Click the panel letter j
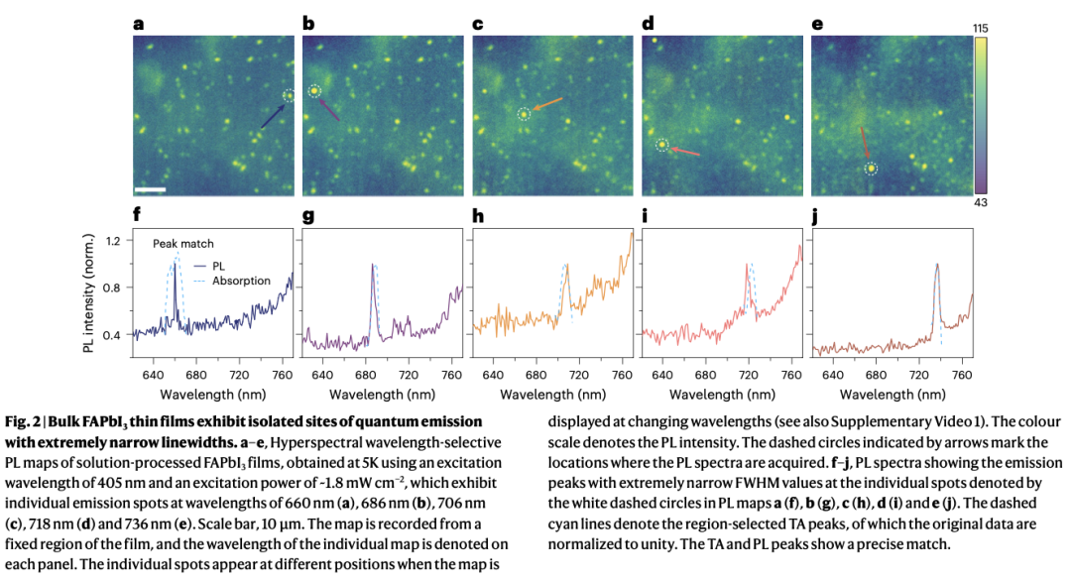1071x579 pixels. tap(816, 212)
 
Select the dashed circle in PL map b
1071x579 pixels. tap(314, 92)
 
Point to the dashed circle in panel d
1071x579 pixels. tap(661, 146)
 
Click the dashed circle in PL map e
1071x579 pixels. tap(872, 170)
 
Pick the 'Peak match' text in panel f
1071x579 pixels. tap(182, 243)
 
